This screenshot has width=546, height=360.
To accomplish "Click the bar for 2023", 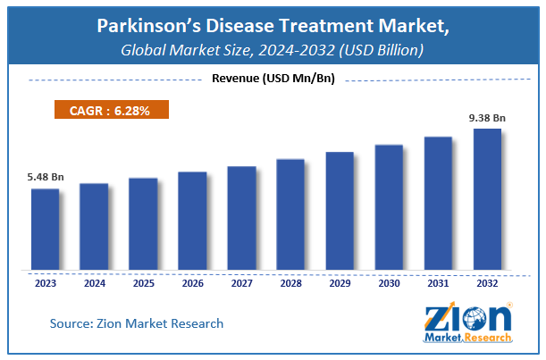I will click(45, 229).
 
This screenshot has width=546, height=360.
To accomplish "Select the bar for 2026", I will click(192, 220).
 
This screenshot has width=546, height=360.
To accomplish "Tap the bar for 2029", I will click(340, 210).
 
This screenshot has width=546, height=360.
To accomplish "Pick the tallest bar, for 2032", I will click(486, 198).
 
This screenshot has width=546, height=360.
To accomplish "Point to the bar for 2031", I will click(438, 202).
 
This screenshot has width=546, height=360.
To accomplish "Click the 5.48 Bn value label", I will click(45, 177).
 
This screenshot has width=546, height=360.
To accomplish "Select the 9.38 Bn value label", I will click(487, 116).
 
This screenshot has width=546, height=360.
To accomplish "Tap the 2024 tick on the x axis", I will click(94, 283).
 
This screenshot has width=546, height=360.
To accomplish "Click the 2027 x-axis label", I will click(241, 283).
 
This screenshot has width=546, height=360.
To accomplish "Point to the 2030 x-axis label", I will click(389, 283).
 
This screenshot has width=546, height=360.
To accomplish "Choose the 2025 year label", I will click(143, 283).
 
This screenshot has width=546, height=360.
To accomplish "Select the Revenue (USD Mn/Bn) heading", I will click(273, 80).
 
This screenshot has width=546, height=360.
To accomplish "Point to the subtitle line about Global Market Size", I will click(273, 52).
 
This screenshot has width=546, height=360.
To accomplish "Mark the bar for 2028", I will click(290, 213).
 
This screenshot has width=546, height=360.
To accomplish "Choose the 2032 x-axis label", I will click(487, 283).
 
